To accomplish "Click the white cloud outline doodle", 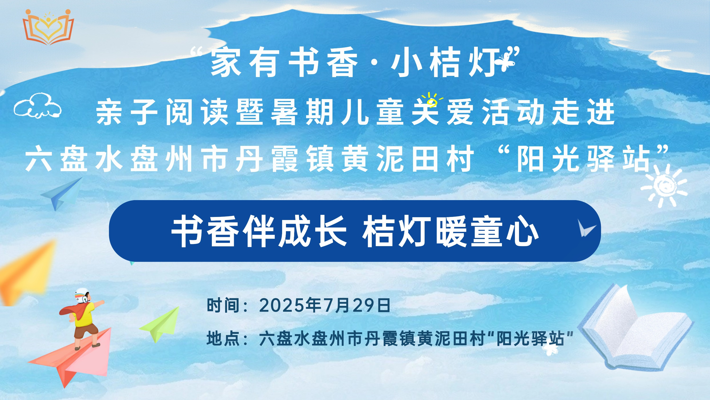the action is point(37,106).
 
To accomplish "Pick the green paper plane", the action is point(160,324).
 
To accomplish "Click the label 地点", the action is point(223,339).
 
